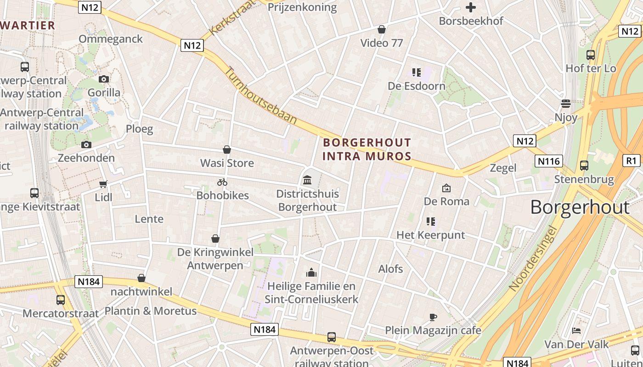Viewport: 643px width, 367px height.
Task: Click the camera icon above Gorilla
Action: (104, 79)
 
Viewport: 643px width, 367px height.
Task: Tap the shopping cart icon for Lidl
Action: (103, 184)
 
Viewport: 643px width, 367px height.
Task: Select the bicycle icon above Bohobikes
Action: (222, 182)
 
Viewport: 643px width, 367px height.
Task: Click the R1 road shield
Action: (632, 161)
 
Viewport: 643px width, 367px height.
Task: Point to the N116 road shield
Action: (549, 161)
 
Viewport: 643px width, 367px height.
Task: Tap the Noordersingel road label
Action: (533, 259)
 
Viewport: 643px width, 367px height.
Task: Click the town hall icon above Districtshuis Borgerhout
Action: (307, 180)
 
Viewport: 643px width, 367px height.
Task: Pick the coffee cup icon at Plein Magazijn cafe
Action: (433, 317)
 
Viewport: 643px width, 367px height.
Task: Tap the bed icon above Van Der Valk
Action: (576, 331)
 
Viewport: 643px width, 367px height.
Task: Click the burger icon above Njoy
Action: (566, 104)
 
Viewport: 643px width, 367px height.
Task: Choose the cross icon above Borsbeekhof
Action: (471, 7)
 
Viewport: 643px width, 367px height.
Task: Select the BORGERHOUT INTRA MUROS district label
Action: (367, 149)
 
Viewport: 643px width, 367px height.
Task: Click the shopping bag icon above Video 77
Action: (381, 30)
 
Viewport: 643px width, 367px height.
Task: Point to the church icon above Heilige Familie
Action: (311, 273)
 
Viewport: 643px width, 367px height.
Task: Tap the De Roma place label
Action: (446, 201)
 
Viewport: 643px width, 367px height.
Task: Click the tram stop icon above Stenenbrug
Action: (584, 166)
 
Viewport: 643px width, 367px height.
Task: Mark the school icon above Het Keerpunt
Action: (430, 222)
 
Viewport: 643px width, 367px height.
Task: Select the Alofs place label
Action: (390, 269)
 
